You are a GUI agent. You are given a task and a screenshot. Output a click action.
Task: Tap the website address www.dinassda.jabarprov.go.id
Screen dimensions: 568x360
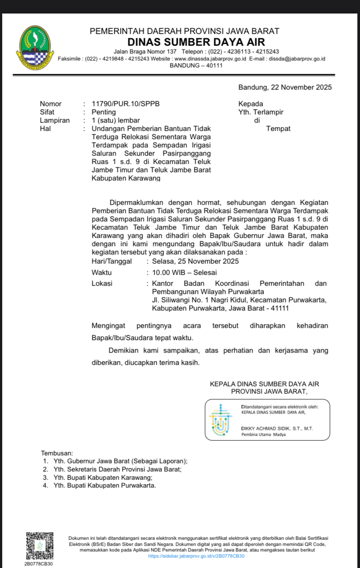pos(210,59)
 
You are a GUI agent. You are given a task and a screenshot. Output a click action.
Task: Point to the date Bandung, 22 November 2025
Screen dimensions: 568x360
pos(285,87)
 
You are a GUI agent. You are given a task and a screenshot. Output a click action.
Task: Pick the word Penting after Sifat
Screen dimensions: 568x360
pos(103,112)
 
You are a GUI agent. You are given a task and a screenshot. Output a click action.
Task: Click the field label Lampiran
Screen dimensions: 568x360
pos(54,120)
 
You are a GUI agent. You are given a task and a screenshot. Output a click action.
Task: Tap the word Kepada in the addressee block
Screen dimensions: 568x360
pos(250,104)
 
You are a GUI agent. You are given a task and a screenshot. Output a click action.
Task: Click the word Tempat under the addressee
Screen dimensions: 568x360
pos(278,129)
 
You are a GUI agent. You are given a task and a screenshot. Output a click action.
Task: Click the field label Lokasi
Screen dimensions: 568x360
pos(102,284)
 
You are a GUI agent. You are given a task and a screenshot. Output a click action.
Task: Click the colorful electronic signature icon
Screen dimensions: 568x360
pos(221,420)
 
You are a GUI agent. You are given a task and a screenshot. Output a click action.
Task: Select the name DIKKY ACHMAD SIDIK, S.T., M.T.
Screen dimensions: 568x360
pos(277,428)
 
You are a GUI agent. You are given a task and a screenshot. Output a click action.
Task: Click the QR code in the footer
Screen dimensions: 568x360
pos(40,546)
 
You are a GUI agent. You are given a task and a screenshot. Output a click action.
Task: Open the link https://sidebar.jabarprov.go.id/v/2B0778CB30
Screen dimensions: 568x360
pos(197,556)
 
